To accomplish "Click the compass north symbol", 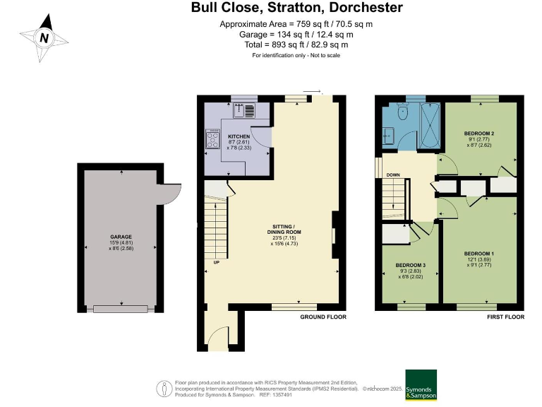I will point(44,38).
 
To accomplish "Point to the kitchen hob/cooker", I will point(212,139).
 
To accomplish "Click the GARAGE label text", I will point(121,237).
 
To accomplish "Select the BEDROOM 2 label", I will point(478,134).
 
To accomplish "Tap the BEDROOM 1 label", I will point(478,253).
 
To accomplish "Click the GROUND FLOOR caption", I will point(324,317).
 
